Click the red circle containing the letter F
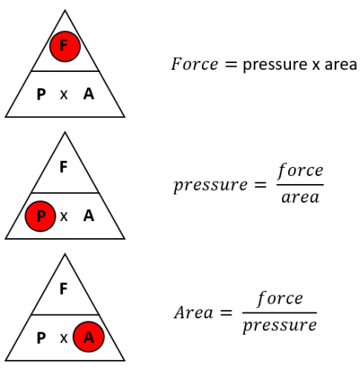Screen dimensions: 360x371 pyautogui.click(x=65, y=46)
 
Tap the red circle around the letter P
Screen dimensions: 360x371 pyautogui.click(x=40, y=216)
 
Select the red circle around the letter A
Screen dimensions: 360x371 pyautogui.click(x=88, y=337)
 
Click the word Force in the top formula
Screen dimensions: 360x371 pyautogui.click(x=194, y=64)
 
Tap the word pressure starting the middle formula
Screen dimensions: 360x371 pyautogui.click(x=211, y=185)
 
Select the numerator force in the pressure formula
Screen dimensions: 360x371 pyautogui.click(x=300, y=171)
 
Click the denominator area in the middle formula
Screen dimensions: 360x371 pyautogui.click(x=301, y=197)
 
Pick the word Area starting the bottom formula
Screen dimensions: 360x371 pyautogui.click(x=194, y=312)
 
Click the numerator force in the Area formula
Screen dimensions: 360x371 pyautogui.click(x=280, y=298)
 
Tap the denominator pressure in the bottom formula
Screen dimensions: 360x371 pyautogui.click(x=280, y=326)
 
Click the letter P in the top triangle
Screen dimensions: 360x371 pyautogui.click(x=41, y=94)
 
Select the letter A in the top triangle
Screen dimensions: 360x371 pyautogui.click(x=88, y=94)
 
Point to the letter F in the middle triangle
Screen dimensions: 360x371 pyautogui.click(x=64, y=166)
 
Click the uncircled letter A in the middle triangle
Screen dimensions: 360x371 pyautogui.click(x=88, y=216)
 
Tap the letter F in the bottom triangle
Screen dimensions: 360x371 pyautogui.click(x=64, y=289)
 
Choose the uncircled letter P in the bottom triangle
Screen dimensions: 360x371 pyautogui.click(x=41, y=338)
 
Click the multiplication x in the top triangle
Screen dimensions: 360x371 pyautogui.click(x=64, y=95)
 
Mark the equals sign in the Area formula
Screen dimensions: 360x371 pyautogui.click(x=226, y=313)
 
